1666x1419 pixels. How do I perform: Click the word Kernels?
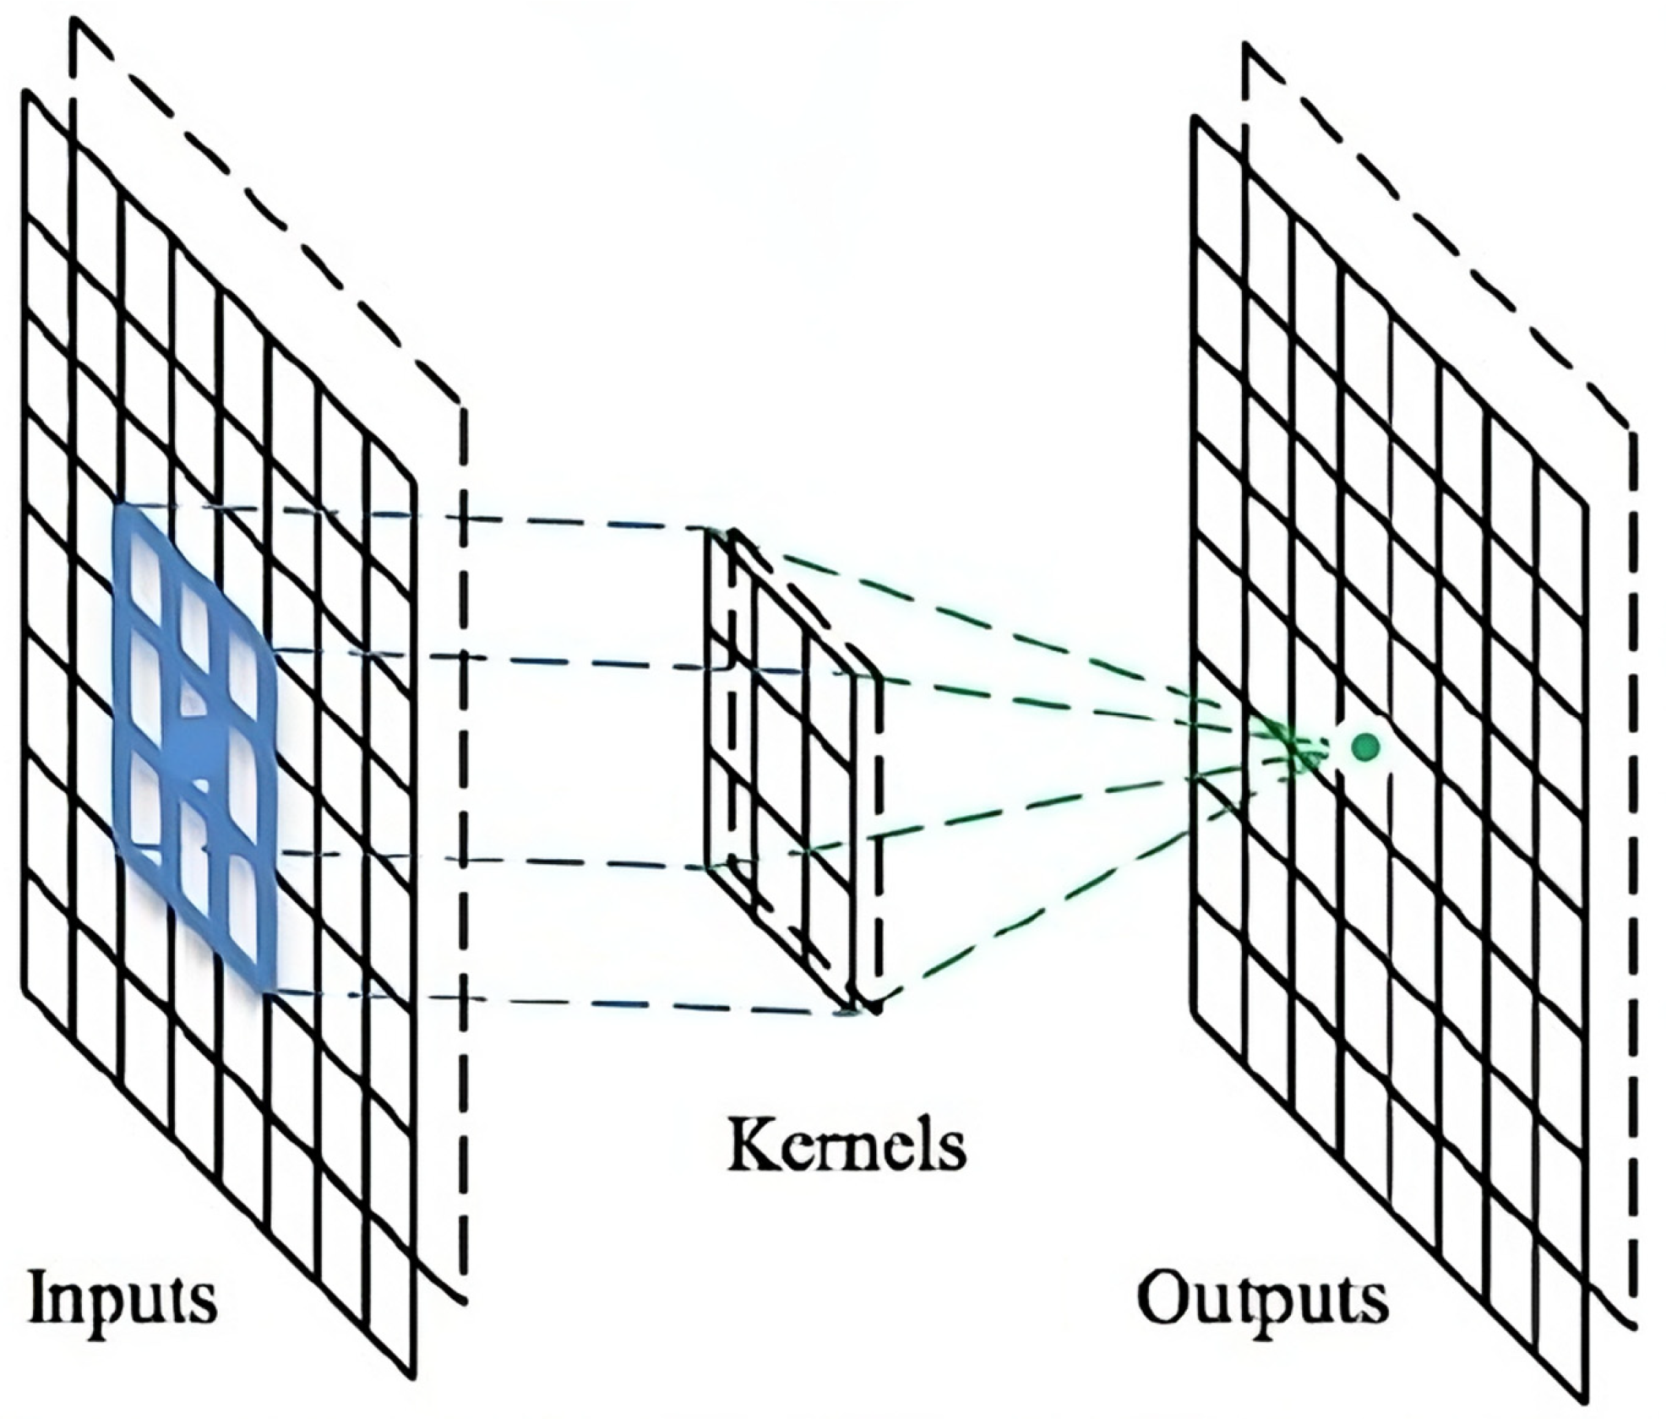846,1145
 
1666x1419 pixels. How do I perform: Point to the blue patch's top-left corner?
118,506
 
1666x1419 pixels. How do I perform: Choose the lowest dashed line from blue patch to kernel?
558,1002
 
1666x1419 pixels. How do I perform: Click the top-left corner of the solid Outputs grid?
1195,118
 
